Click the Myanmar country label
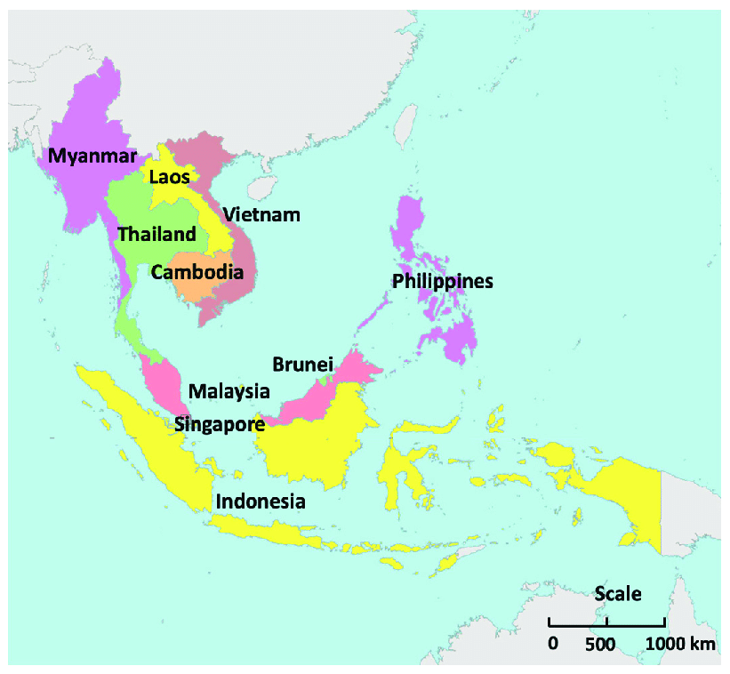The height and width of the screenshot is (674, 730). coord(92,156)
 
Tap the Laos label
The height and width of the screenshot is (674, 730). coord(169,177)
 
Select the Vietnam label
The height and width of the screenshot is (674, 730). coord(261,214)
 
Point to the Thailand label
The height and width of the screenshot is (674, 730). coord(156,235)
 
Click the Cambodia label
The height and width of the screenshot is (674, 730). coord(197,271)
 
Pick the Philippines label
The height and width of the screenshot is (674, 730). coord(443,281)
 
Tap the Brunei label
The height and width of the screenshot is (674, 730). coord(302,364)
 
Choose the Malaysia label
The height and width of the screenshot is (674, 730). coord(229,391)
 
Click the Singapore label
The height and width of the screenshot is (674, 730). coord(219,424)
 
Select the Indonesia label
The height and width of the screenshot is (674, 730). coord(261,501)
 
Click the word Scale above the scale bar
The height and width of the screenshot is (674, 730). coord(618,594)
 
